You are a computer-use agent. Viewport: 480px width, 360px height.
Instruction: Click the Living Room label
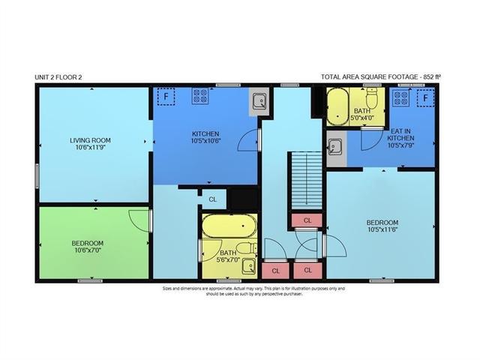(x=90, y=140)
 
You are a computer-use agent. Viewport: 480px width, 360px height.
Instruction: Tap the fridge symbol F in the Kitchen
(x=166, y=97)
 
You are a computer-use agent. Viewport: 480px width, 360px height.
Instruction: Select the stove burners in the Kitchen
(x=200, y=95)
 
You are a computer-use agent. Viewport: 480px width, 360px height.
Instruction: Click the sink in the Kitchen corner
(x=259, y=101)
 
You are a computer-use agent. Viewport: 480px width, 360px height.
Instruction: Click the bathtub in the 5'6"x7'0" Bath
(x=229, y=226)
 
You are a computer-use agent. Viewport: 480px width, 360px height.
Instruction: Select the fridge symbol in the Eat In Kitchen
(x=425, y=98)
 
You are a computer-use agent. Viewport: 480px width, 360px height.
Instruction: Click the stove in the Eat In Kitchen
(x=401, y=97)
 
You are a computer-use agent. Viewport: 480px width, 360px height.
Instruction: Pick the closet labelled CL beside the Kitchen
(x=214, y=199)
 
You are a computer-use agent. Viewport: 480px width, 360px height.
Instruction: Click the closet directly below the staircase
(x=307, y=220)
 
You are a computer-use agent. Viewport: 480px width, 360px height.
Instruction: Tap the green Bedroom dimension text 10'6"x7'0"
(x=88, y=250)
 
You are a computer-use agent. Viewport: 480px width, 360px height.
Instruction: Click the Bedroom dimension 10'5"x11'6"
(x=382, y=229)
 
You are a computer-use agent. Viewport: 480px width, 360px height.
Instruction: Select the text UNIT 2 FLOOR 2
(x=58, y=77)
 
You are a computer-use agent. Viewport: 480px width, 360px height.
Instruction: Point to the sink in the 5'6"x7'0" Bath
(x=249, y=266)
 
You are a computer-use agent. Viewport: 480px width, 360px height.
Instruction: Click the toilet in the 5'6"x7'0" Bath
(x=247, y=247)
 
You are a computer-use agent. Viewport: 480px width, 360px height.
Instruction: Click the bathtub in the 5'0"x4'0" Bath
(x=338, y=106)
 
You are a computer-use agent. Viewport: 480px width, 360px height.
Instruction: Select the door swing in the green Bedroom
(x=139, y=221)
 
